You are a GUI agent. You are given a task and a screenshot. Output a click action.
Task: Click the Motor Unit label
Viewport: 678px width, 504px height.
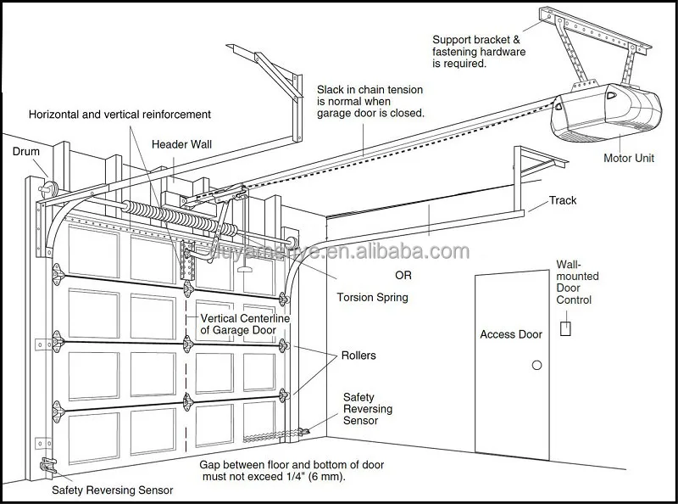(628, 157)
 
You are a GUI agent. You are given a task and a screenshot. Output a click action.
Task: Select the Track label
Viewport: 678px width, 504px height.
(563, 200)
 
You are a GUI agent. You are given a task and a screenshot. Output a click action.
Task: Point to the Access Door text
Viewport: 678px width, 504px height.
(510, 334)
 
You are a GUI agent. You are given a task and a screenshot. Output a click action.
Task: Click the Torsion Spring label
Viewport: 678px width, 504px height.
(372, 297)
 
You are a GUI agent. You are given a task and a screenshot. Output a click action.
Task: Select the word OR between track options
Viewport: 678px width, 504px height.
(405, 276)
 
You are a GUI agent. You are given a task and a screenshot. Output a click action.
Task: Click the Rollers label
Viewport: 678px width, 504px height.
(358, 356)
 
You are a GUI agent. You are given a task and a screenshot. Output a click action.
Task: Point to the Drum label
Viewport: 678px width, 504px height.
(26, 152)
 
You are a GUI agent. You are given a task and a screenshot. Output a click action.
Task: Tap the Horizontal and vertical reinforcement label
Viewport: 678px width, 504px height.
(119, 114)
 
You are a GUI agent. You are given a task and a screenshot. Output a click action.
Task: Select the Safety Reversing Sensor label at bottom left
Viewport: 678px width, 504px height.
(112, 490)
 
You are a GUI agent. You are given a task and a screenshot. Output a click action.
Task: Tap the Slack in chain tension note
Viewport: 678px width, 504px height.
(370, 100)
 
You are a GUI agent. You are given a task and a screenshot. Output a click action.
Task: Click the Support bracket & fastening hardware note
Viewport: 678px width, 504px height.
(479, 51)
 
